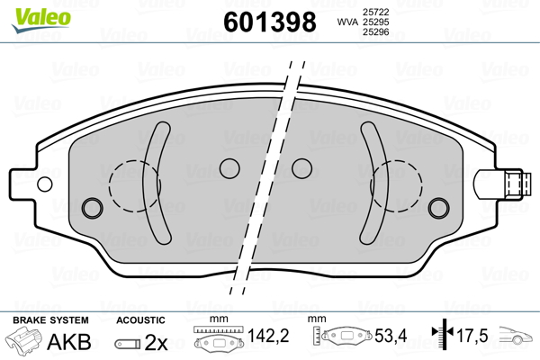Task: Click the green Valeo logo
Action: point(41,19)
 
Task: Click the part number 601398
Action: point(270,22)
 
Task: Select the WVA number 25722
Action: point(375,12)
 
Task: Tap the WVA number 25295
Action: point(375,22)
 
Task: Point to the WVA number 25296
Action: point(375,32)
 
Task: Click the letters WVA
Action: point(347,22)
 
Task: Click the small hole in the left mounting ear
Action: point(45,184)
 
